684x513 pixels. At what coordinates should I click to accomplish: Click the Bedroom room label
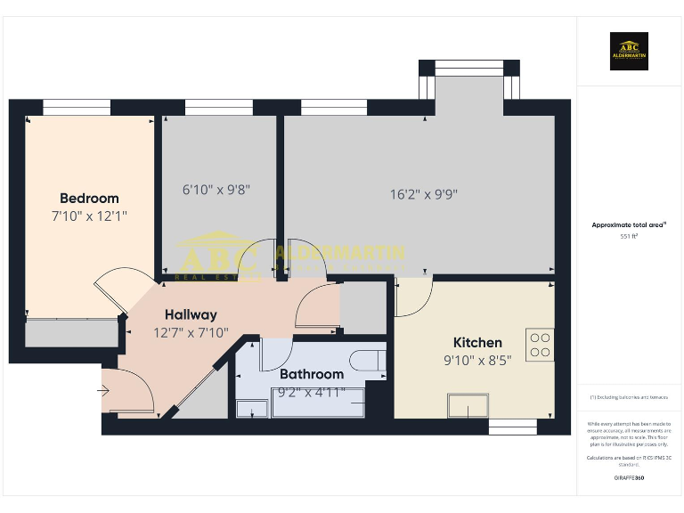coord(89,198)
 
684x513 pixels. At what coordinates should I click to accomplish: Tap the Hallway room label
coord(191,314)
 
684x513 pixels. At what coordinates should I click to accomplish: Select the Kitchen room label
coord(477,342)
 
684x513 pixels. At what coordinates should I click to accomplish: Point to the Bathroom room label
coord(312,374)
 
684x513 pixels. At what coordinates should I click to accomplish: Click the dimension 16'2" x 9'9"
coord(424,193)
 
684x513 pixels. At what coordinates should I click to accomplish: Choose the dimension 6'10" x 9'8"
coord(216,189)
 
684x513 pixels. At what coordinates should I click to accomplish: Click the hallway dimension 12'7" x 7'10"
coord(191,332)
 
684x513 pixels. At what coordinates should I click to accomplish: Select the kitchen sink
coord(468,407)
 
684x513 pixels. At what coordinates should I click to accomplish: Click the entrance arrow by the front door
coord(104,389)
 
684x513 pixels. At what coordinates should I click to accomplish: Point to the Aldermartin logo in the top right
coord(629,52)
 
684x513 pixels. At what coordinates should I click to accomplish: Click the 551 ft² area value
coord(629,237)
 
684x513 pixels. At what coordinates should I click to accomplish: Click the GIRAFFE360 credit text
coord(629,478)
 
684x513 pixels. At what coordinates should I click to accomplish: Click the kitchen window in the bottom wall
coord(513,427)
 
